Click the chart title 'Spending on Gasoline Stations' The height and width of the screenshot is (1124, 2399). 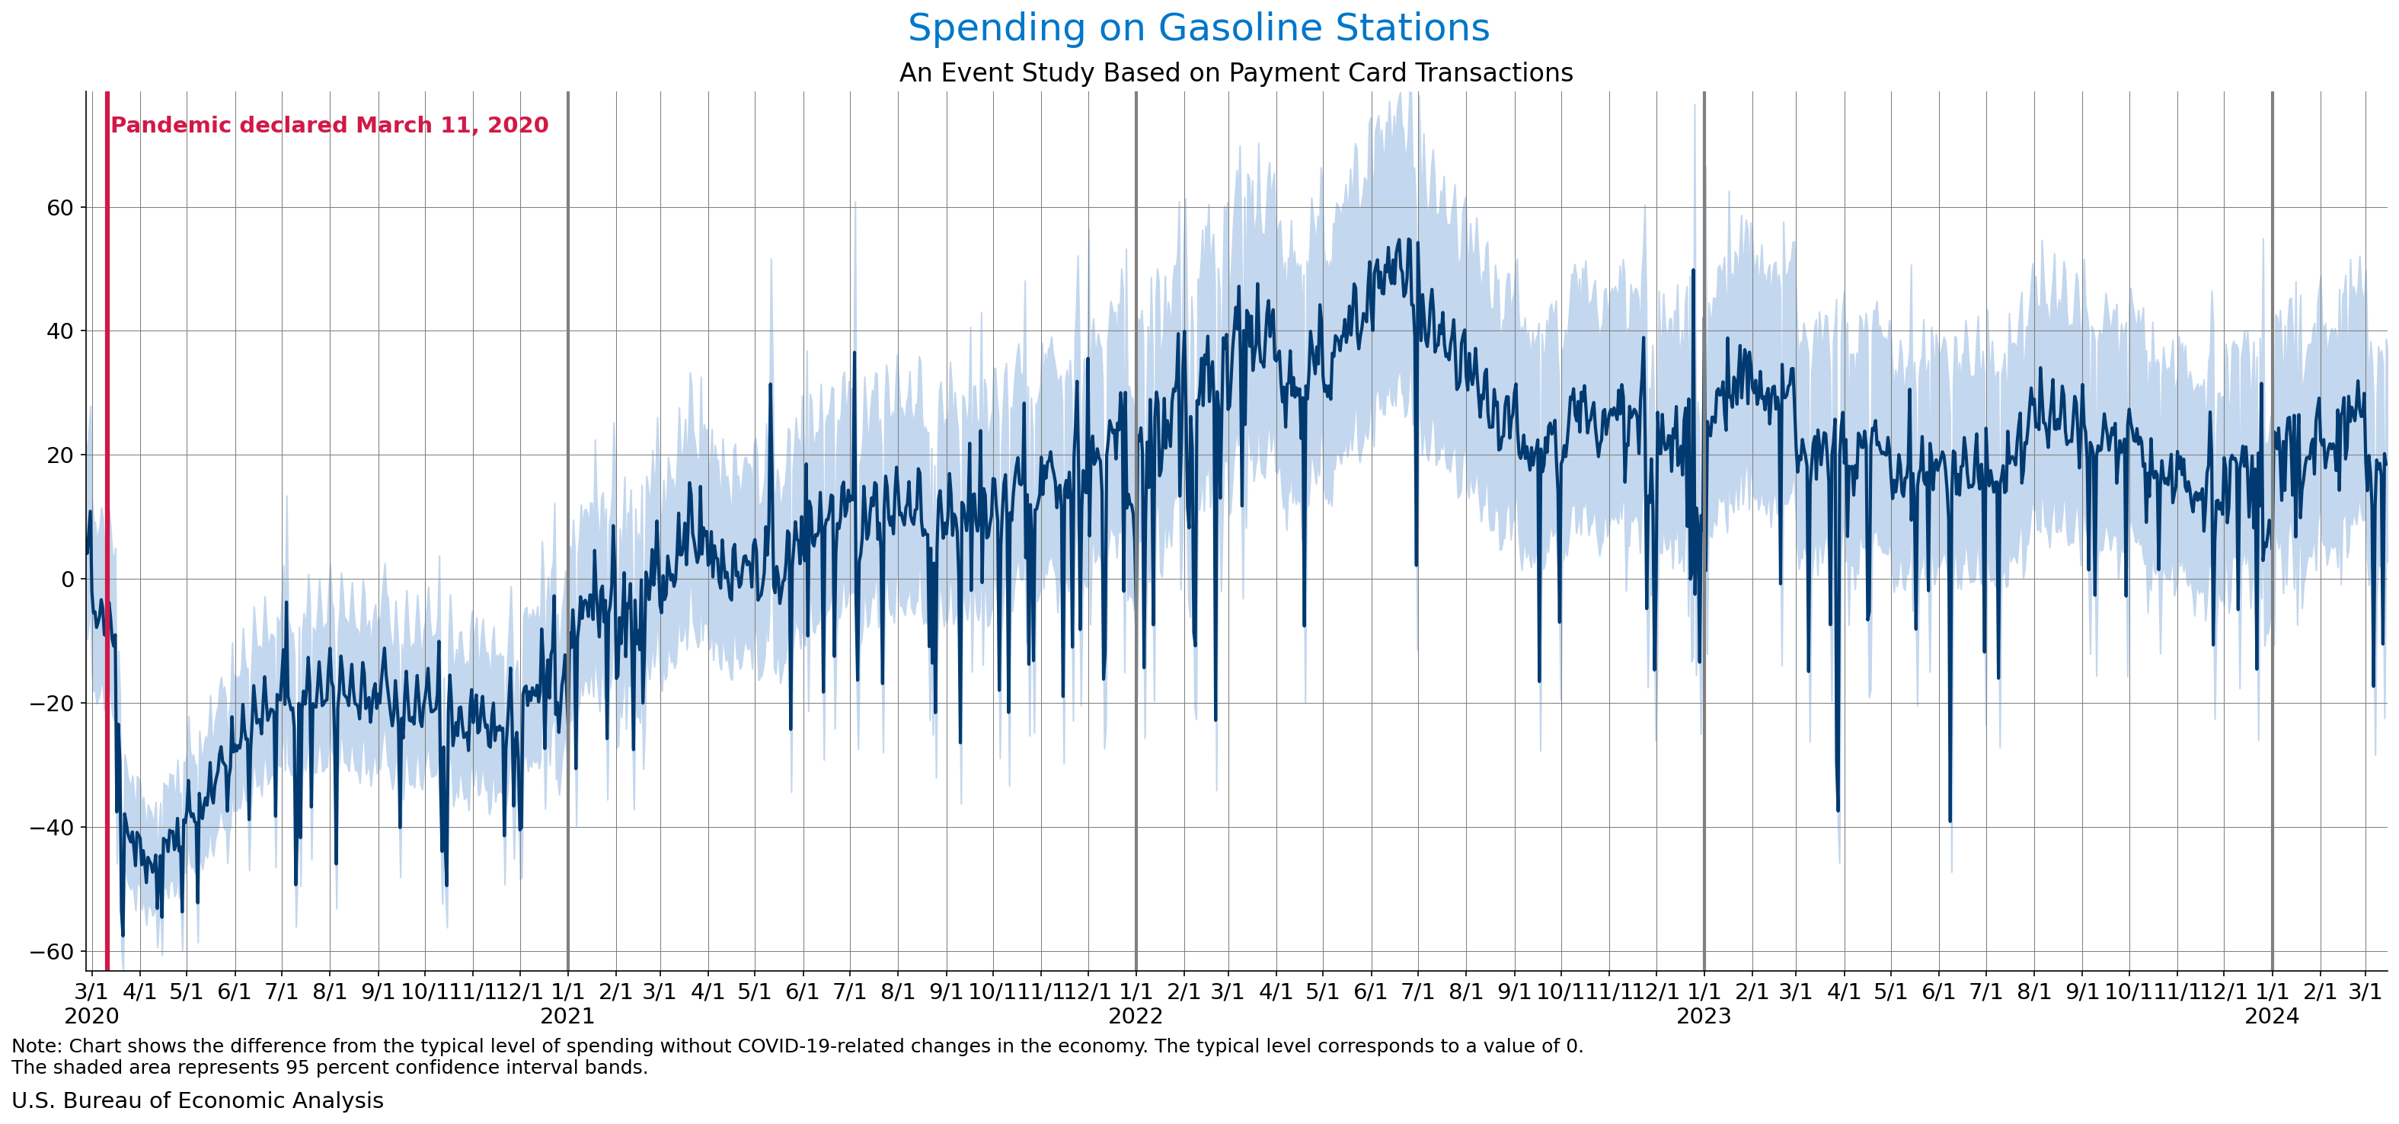pos(1199,28)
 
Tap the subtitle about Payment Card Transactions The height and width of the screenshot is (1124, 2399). pos(1236,72)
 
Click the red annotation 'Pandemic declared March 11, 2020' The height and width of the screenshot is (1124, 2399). pos(330,126)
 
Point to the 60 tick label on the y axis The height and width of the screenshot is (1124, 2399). pos(59,208)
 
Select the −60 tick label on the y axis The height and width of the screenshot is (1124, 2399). pos(51,952)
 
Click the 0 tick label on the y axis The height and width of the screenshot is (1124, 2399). pos(67,580)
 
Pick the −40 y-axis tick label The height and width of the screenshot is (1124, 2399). pos(51,828)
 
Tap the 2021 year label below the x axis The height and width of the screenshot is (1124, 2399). pos(567,1016)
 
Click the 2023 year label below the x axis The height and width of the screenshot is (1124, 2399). pos(1704,1016)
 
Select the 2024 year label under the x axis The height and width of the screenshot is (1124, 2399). pos(2271,1016)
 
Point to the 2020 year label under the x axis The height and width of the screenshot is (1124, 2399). pos(91,1016)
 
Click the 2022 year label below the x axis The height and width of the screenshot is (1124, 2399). pos(1136,1016)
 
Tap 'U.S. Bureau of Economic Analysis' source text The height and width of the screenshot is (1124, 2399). pos(197,1100)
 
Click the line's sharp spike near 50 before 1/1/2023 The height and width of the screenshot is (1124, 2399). pos(1693,271)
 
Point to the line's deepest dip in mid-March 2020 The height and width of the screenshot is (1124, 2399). pos(123,934)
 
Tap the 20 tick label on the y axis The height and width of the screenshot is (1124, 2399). pos(59,455)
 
